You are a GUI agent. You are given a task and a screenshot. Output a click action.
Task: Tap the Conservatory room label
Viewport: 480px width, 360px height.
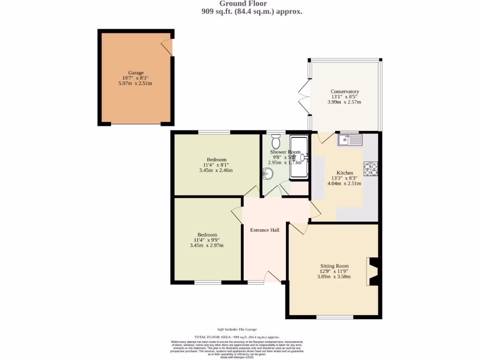[345, 91]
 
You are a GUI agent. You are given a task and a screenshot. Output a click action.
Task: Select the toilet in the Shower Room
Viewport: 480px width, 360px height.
[276, 141]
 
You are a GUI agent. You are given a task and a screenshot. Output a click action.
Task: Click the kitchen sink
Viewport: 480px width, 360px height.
[350, 139]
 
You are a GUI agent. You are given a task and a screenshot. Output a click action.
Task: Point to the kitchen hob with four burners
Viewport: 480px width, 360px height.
[370, 169]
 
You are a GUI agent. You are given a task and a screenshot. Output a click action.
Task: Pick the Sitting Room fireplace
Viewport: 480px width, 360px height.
[374, 271]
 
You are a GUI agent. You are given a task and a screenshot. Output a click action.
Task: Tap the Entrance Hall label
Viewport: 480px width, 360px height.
[264, 230]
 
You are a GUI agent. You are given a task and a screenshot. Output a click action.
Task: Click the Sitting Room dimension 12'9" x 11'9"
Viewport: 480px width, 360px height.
[334, 271]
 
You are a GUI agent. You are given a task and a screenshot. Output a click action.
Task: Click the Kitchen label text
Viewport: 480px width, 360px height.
[345, 173]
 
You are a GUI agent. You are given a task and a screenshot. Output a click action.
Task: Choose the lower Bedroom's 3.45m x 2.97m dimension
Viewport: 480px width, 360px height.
[206, 245]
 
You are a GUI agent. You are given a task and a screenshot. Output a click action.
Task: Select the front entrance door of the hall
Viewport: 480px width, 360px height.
[271, 278]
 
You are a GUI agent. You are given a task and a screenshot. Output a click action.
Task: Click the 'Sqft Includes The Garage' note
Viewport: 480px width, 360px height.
[237, 330]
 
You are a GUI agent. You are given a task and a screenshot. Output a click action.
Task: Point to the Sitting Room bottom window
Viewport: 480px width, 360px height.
[335, 317]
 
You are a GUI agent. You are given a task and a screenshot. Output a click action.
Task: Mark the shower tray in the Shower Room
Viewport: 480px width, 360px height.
[298, 157]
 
